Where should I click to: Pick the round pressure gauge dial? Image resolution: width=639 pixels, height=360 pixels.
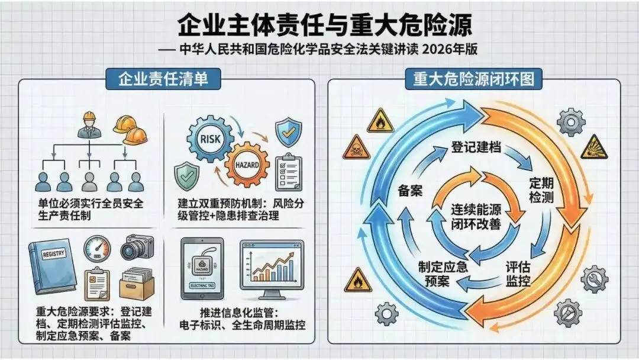97,249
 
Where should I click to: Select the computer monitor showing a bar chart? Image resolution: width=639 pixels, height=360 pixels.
272,268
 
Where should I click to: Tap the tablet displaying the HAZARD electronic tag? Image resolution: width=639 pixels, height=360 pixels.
201,270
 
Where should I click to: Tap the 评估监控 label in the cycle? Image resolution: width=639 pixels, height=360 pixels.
518,274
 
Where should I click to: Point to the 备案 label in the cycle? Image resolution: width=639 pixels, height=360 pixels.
413,191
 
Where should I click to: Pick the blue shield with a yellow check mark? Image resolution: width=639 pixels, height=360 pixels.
289,133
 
